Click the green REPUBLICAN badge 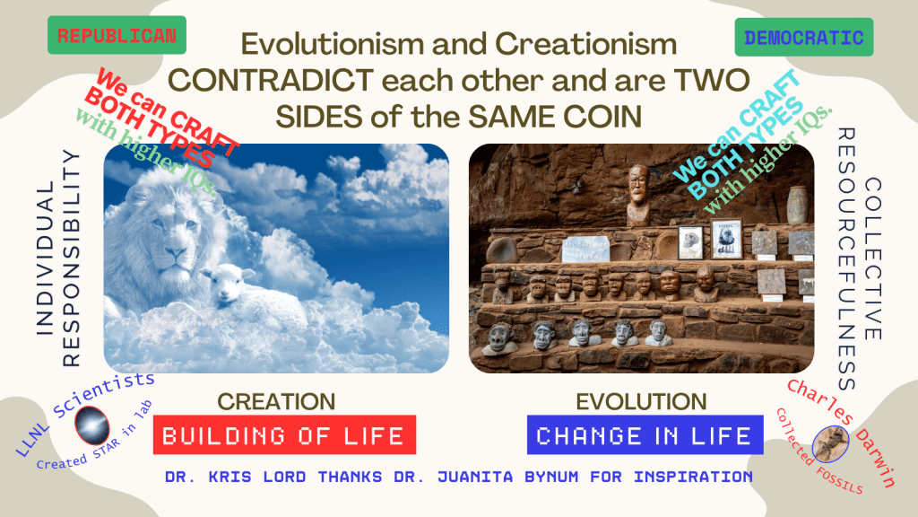[117, 35]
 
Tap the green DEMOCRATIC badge [804, 38]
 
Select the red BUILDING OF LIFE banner [284, 435]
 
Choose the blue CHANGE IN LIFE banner [645, 435]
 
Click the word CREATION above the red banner [276, 402]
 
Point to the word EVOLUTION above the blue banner [642, 402]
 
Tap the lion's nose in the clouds [175, 252]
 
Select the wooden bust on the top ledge [638, 195]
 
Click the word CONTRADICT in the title [271, 80]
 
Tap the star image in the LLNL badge [92, 425]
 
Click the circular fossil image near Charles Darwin [831, 443]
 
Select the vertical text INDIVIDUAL [45, 258]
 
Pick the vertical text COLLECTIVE [872, 259]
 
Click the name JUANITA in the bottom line [475, 477]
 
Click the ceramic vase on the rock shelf [797, 206]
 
